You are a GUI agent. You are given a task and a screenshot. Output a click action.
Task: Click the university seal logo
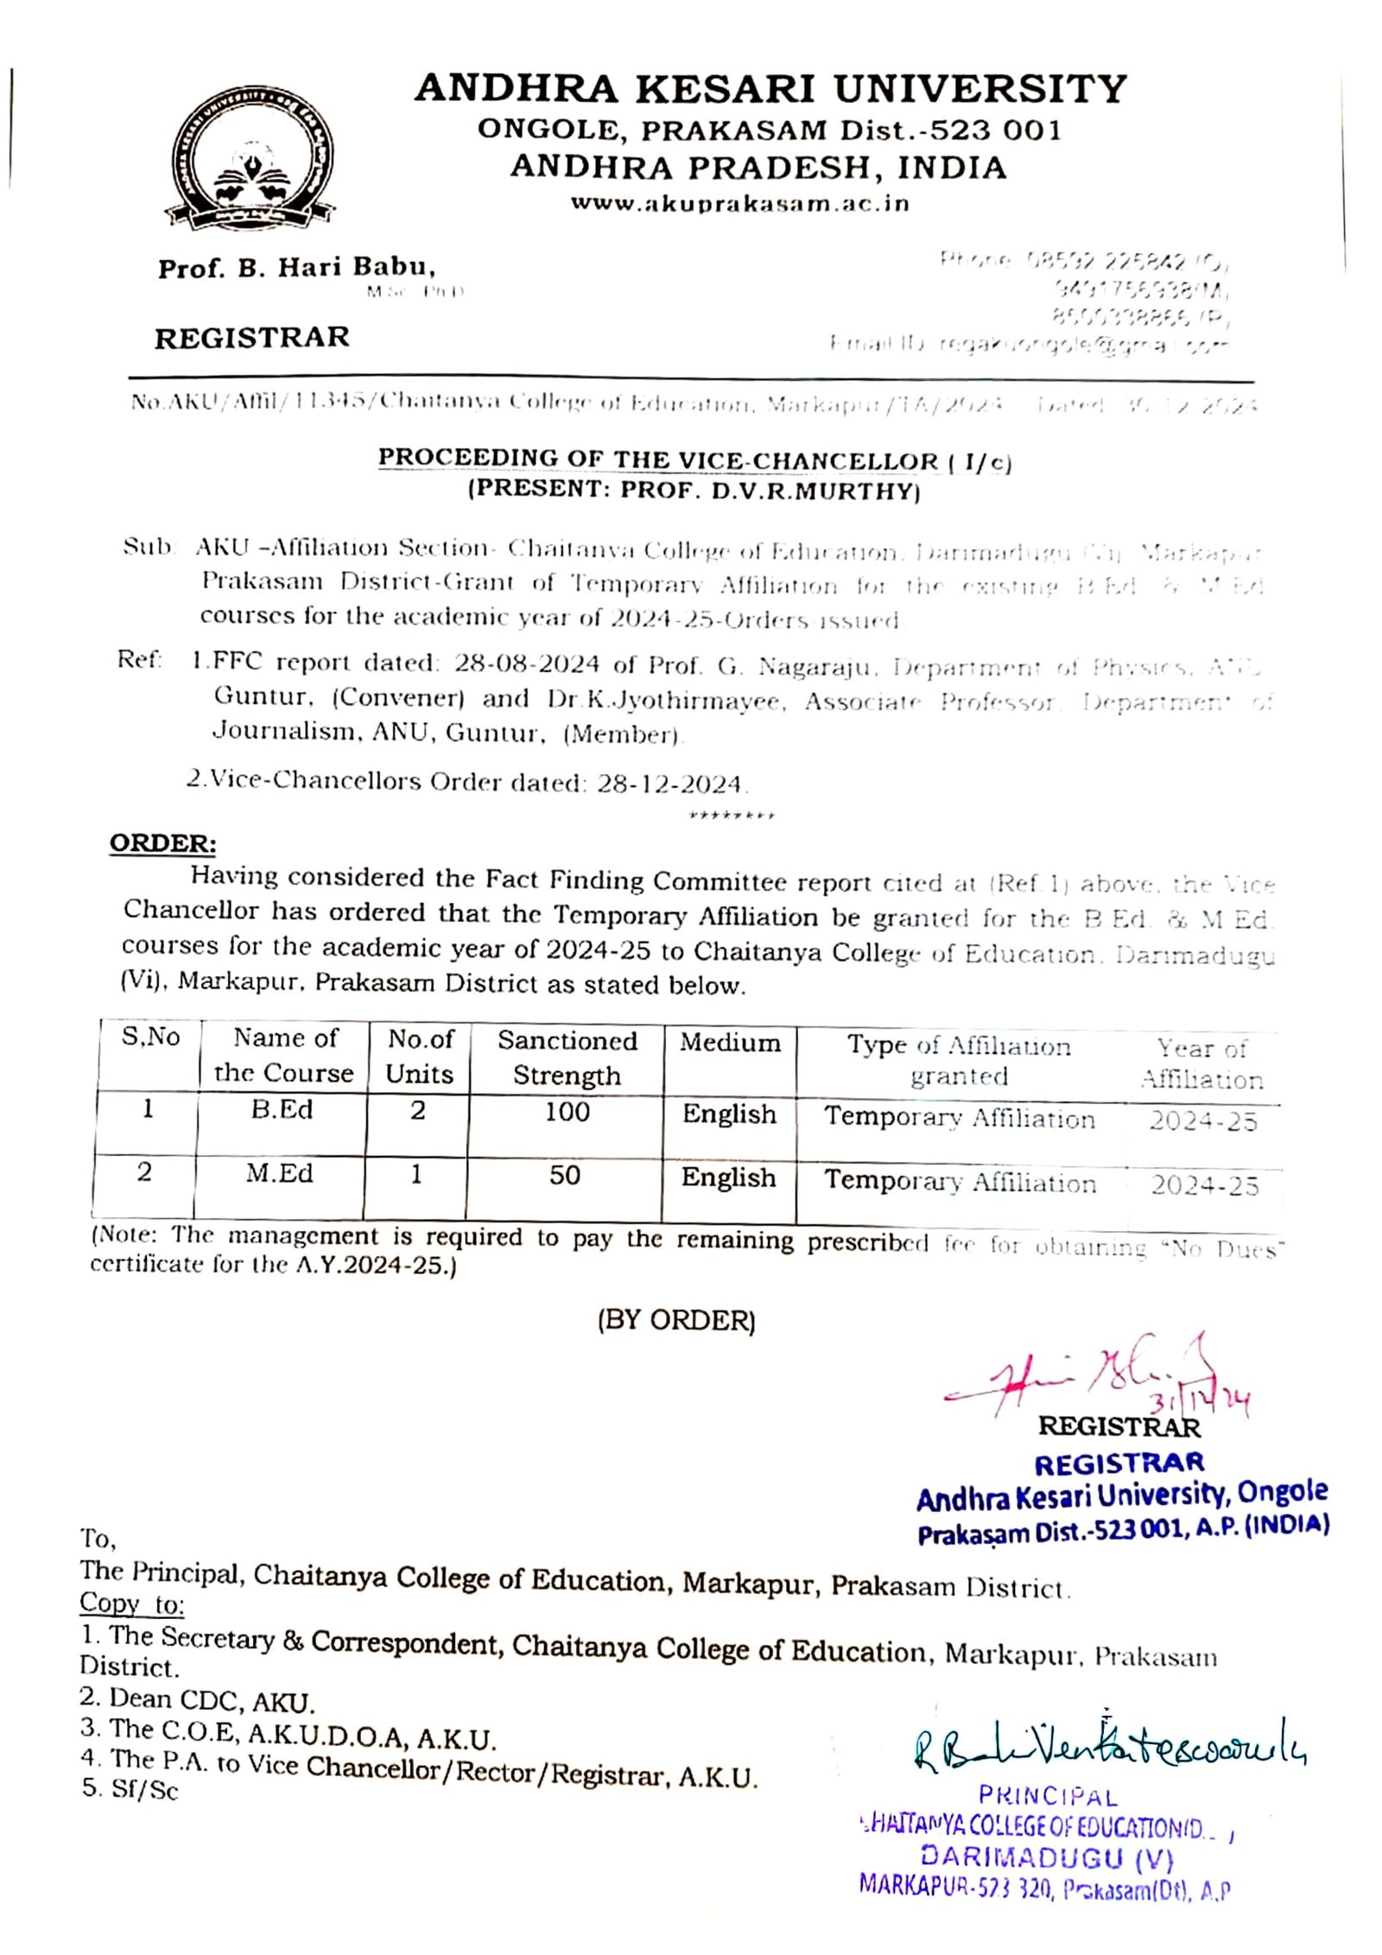coord(250,161)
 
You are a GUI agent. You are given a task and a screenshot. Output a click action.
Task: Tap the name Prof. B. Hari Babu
coord(296,268)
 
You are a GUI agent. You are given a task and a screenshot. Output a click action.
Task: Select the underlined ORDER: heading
coord(162,844)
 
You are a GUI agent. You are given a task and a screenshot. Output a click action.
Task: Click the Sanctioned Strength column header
coord(567,1057)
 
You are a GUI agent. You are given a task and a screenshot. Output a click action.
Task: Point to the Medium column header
coord(730,1043)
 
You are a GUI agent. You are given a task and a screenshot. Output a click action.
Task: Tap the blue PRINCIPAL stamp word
coord(1048,1796)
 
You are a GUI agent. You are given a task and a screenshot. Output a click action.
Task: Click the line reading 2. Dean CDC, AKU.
coord(197,1701)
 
